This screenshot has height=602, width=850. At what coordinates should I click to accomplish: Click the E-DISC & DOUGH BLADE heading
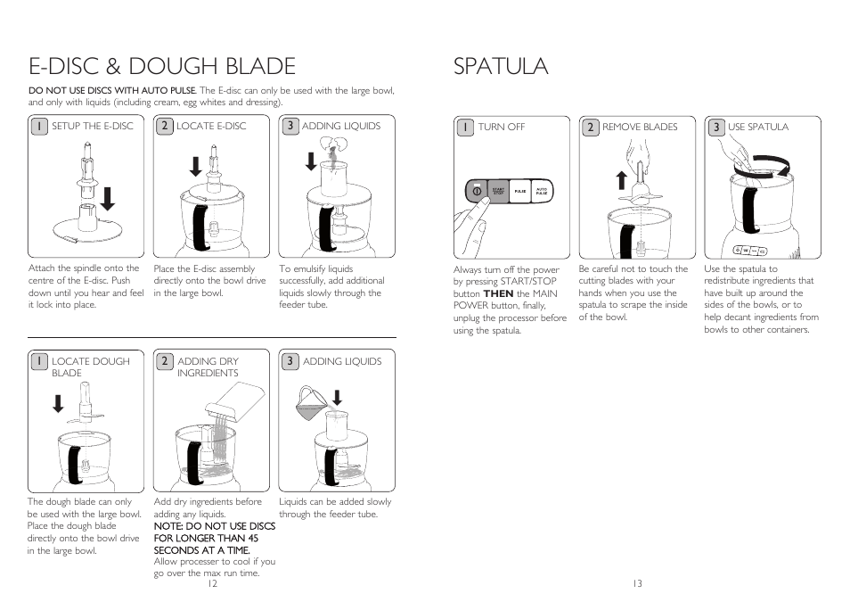click(161, 66)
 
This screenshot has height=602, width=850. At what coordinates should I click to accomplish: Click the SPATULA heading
click(500, 66)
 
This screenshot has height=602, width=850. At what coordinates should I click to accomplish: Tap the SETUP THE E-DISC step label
click(92, 127)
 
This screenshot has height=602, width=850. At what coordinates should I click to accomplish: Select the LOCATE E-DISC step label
click(211, 127)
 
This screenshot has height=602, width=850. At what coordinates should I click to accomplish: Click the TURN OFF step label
click(502, 128)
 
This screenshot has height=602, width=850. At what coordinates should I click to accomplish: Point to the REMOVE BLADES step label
click(640, 128)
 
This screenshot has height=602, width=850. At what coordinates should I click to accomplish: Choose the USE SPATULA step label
click(758, 128)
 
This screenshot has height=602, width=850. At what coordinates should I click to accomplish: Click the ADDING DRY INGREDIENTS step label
click(208, 367)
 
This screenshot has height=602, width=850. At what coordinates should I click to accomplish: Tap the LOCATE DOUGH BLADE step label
click(90, 367)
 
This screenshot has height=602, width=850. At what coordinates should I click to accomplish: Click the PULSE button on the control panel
click(519, 192)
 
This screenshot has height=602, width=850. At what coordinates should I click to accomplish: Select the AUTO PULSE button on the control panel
click(542, 192)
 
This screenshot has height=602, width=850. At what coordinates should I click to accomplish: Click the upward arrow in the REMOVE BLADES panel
click(622, 181)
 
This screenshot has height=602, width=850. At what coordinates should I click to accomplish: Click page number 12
click(211, 584)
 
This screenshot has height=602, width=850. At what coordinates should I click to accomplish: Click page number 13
click(637, 584)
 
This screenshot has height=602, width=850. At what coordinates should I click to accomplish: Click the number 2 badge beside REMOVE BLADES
click(590, 128)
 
